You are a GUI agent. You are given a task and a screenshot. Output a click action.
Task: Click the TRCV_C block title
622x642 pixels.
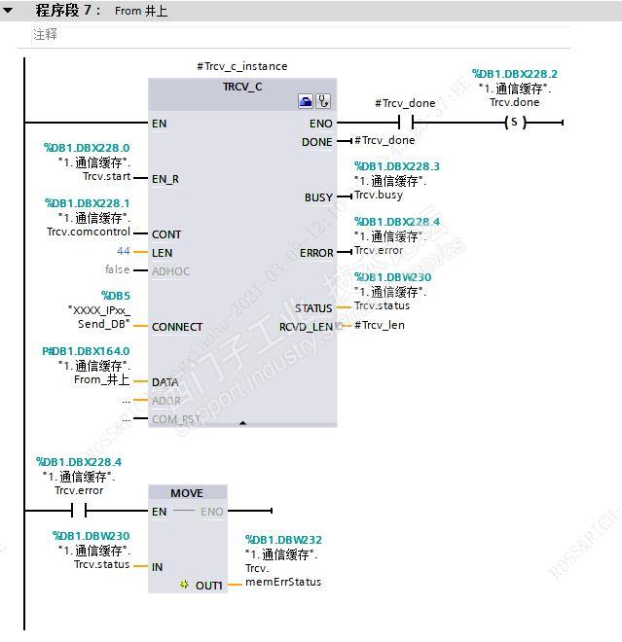pyautogui.click(x=242, y=87)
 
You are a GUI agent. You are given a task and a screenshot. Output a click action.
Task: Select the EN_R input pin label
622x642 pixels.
pyautogui.click(x=165, y=179)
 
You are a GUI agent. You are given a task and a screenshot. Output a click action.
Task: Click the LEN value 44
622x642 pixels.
pyautogui.click(x=124, y=252)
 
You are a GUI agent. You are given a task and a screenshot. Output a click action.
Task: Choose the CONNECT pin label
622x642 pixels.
pyautogui.click(x=177, y=327)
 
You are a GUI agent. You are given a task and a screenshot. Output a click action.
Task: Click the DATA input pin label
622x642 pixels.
pyautogui.click(x=165, y=382)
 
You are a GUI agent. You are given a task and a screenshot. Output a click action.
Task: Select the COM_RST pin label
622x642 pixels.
pyautogui.click(x=175, y=419)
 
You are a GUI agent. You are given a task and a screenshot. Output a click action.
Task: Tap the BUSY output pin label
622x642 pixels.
pyautogui.click(x=318, y=197)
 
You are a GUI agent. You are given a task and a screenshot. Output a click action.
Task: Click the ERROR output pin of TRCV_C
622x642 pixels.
pyautogui.click(x=316, y=253)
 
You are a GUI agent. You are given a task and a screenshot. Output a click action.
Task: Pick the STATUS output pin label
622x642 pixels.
pyautogui.click(x=313, y=308)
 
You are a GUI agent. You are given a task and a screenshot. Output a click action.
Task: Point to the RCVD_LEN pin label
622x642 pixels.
pyautogui.click(x=306, y=327)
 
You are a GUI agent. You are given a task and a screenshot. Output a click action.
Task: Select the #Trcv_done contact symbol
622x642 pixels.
pyautogui.click(x=406, y=124)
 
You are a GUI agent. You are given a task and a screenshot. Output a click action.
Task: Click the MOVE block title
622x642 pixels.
pyautogui.click(x=187, y=493)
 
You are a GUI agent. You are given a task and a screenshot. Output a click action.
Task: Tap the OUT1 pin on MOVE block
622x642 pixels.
pyautogui.click(x=208, y=585)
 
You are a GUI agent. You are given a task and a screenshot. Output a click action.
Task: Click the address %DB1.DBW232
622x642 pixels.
pyautogui.click(x=283, y=540)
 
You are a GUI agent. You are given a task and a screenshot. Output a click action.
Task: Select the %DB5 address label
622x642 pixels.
pyautogui.click(x=116, y=295)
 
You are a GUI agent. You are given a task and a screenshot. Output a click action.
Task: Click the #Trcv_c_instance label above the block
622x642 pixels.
pyautogui.click(x=242, y=66)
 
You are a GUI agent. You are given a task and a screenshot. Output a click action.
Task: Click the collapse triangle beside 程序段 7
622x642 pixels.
pyautogui.click(x=9, y=11)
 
